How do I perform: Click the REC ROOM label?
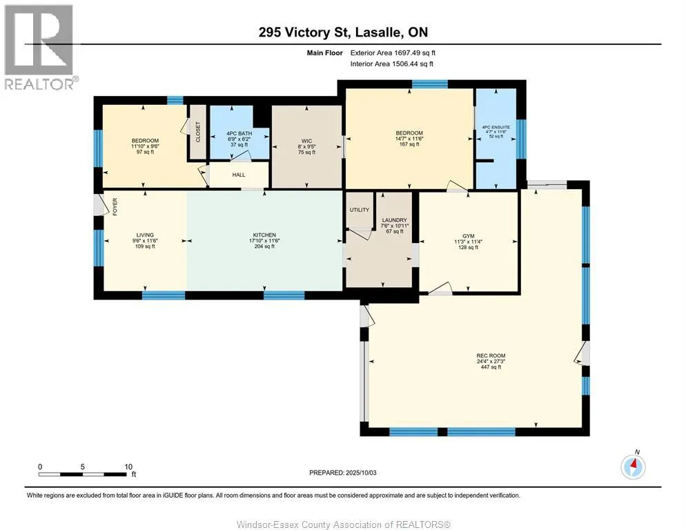click(x=491, y=356)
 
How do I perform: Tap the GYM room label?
click(x=468, y=236)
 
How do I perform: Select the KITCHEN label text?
click(x=264, y=235)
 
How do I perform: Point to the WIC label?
click(x=306, y=141)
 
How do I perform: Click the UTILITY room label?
click(x=359, y=210)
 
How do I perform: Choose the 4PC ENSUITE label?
click(x=496, y=128)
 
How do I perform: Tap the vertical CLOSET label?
click(x=198, y=132)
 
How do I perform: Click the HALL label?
click(x=238, y=175)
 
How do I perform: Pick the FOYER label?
click(x=115, y=206)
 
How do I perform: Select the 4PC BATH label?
click(x=239, y=133)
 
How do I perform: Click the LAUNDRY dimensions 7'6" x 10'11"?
click(x=395, y=226)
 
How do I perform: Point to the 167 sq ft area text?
click(x=409, y=144)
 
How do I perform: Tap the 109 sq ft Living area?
click(x=145, y=246)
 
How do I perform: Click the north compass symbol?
click(x=633, y=467)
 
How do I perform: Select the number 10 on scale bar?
click(x=128, y=467)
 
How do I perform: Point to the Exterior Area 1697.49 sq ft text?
click(x=393, y=53)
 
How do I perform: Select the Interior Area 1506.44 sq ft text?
click(x=392, y=64)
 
